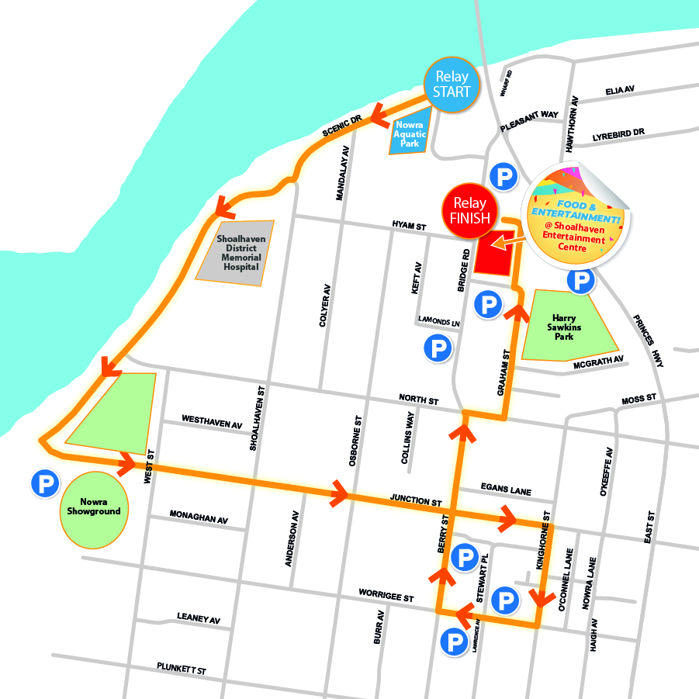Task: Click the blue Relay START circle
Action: click(x=452, y=85)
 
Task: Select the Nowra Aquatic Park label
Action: click(x=409, y=133)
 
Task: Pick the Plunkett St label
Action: click(x=181, y=668)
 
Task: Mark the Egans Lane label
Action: click(x=505, y=489)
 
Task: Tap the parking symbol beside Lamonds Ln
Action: click(x=438, y=348)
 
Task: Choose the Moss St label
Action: click(x=638, y=399)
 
